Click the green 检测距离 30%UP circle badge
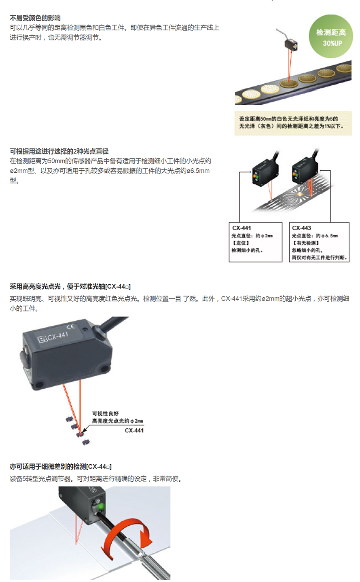(x=330, y=36)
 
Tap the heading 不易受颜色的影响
(x=35, y=18)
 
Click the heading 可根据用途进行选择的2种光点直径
(x=59, y=151)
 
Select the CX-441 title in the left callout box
(x=241, y=228)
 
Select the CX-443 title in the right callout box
(x=301, y=228)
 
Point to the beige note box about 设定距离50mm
(x=293, y=123)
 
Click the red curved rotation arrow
(x=126, y=538)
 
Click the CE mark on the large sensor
(x=71, y=327)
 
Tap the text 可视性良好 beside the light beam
(x=105, y=413)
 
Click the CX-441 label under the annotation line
(x=134, y=430)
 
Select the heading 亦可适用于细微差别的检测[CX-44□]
(x=61, y=467)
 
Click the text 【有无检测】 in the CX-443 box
(x=306, y=243)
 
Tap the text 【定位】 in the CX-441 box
(x=240, y=243)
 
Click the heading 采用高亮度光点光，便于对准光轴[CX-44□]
(x=70, y=286)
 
